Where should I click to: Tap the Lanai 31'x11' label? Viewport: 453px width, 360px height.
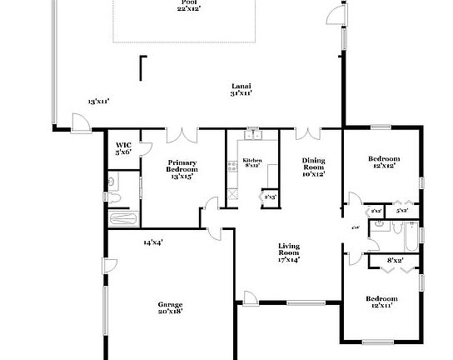(241, 90)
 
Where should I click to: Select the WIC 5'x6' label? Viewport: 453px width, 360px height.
(123, 149)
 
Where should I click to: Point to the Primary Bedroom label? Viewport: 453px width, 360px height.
(182, 169)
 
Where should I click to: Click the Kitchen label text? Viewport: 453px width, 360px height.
(251, 162)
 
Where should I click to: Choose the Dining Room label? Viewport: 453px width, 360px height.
(313, 167)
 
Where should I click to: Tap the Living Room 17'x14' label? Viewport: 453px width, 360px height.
(289, 252)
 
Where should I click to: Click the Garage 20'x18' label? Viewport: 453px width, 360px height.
(170, 307)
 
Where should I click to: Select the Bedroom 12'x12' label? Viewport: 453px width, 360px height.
(383, 162)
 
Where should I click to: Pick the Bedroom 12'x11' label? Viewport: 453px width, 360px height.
(381, 302)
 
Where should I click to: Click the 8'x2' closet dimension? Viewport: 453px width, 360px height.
(396, 261)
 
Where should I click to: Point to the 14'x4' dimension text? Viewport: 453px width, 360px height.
(152, 242)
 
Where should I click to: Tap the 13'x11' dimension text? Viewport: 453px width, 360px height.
(99, 102)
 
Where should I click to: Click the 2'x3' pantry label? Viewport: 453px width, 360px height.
(270, 197)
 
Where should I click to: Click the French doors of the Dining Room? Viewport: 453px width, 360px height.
(307, 133)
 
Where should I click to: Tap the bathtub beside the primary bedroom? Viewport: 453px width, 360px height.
(123, 219)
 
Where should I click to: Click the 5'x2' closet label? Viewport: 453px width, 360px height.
(402, 210)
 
